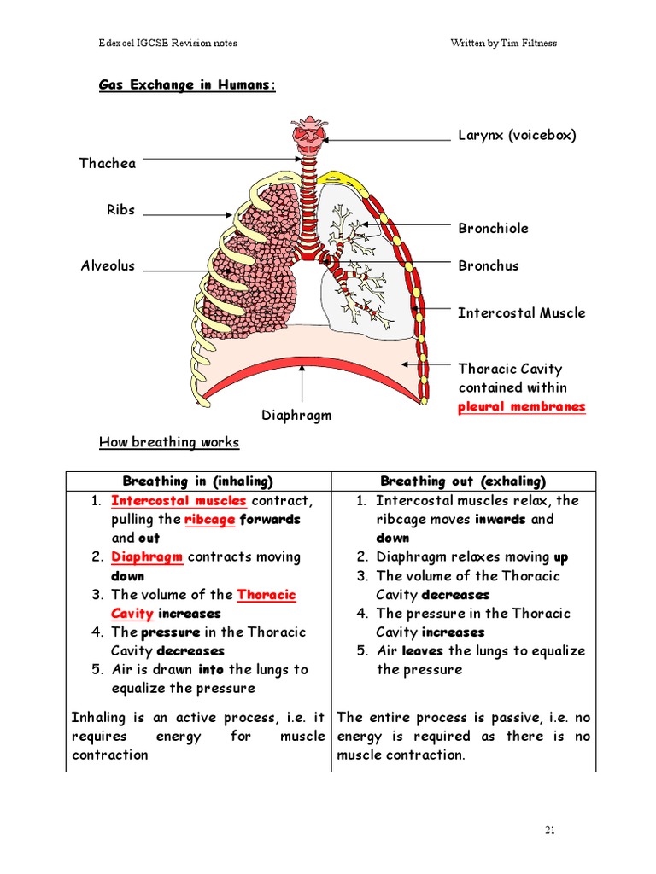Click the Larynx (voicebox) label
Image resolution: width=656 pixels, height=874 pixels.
tap(517, 136)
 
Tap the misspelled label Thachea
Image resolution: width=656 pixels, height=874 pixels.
tap(108, 163)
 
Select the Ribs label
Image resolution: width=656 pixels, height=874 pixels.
tap(121, 210)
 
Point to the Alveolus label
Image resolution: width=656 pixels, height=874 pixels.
tap(108, 265)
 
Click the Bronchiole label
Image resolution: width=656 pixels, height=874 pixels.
tap(493, 228)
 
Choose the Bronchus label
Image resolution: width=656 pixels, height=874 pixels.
tap(489, 265)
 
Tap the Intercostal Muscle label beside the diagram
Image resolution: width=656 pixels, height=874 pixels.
tap(522, 312)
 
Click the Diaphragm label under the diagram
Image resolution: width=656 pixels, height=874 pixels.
tap(296, 416)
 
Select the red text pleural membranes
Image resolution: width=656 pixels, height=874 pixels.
tap(522, 406)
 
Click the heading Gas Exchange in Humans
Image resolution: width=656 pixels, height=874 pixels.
tap(187, 84)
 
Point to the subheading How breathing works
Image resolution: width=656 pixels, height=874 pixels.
tap(169, 442)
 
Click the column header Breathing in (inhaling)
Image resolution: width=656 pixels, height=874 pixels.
tap(198, 481)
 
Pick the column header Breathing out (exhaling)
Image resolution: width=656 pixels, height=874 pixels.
tap(463, 481)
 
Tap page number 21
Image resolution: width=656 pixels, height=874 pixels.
tap(550, 830)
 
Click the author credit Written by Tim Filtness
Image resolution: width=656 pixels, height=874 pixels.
tap(504, 43)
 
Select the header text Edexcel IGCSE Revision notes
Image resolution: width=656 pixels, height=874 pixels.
tap(168, 43)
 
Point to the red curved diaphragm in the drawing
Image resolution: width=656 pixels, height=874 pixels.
tap(311, 375)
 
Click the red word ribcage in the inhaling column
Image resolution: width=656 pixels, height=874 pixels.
tap(210, 520)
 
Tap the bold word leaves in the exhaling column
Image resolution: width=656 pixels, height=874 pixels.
tap(422, 650)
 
